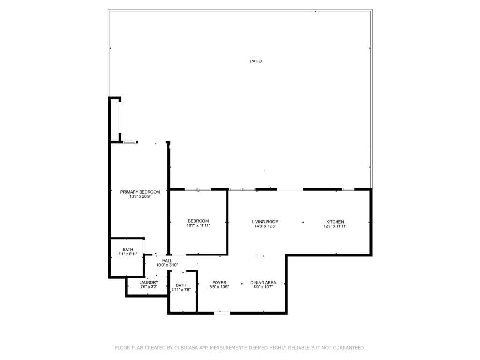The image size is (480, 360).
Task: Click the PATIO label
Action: (255, 61)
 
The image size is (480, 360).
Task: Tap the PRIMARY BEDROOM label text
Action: (140, 192)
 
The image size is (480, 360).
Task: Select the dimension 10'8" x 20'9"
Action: (140, 197)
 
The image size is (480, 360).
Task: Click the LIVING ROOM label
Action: (265, 222)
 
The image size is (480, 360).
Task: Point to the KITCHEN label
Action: (335, 222)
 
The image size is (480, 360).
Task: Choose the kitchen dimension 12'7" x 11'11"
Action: (335, 226)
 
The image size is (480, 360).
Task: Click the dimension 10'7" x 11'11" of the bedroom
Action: (198, 225)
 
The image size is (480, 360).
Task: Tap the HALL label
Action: (167, 261)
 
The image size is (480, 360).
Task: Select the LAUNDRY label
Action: (149, 282)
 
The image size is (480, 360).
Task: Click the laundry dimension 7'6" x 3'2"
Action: (149, 287)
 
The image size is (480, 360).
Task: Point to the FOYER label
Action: (219, 283)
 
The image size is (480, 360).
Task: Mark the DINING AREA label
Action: (263, 283)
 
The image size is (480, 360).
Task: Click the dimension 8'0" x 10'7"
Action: (263, 287)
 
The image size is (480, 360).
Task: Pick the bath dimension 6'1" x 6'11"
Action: (128, 254)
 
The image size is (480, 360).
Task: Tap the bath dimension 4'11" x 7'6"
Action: (181, 290)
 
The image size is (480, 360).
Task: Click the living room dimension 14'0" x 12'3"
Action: (265, 226)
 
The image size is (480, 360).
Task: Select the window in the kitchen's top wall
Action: (348, 189)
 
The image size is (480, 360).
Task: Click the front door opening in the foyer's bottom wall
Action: (222, 312)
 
